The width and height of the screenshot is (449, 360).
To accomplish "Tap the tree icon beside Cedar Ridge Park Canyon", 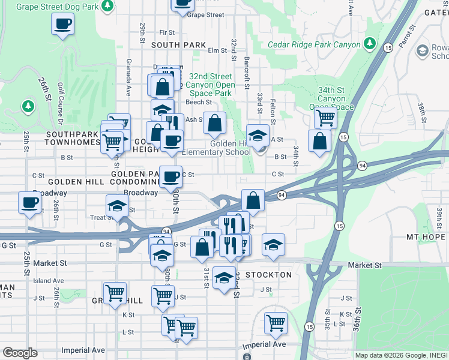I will point(370,44).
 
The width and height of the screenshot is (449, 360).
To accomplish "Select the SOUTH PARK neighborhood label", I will point(178,45).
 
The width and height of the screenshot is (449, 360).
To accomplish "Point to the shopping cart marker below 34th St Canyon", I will point(325,118).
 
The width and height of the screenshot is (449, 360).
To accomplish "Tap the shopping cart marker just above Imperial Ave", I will point(276,322).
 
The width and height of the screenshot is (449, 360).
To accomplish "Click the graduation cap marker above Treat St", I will point(117,205).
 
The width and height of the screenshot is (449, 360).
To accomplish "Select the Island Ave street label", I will point(49,280).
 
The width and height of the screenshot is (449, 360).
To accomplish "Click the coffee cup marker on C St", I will point(170,176).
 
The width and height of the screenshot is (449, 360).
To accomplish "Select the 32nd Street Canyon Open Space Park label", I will point(209,85).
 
